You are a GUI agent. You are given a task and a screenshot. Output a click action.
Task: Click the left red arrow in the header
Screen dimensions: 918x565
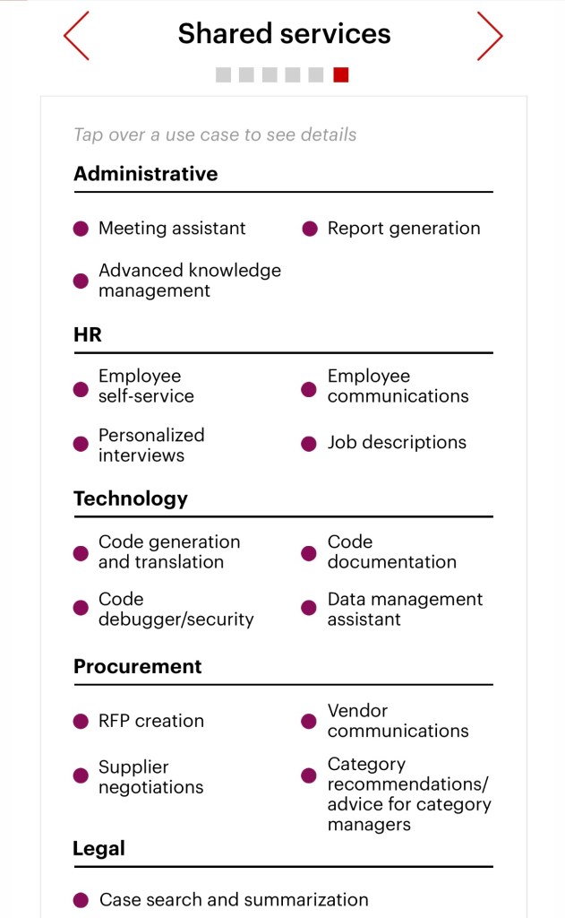coord(77,37)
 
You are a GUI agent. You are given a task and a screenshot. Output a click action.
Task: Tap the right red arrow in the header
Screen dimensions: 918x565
coord(489,37)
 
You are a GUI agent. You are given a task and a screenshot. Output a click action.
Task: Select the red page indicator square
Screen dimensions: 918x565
coord(341,75)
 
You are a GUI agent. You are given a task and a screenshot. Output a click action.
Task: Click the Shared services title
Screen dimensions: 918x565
coord(284,34)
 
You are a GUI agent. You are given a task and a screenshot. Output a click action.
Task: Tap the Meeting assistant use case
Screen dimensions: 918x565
coord(172,229)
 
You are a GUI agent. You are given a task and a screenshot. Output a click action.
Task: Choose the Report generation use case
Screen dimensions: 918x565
coord(403,229)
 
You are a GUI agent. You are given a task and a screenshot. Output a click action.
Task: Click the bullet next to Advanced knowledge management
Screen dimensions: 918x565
coord(81,281)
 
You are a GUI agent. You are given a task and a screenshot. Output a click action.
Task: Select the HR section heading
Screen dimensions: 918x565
coord(88,335)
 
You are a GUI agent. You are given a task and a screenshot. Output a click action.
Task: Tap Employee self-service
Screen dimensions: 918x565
coord(146,386)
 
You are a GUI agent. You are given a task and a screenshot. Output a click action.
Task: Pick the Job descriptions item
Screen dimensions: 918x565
coord(396,443)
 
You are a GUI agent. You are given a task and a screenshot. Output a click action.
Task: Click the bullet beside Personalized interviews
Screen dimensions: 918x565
coord(81,445)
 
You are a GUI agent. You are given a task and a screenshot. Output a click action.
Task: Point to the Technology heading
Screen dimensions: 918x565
coord(131,499)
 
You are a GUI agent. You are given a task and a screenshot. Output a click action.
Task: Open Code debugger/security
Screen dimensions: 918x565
coord(175,610)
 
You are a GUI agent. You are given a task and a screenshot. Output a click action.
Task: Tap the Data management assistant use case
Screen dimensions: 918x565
coord(405,610)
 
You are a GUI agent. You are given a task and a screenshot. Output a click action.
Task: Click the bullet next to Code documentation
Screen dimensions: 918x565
coord(309,553)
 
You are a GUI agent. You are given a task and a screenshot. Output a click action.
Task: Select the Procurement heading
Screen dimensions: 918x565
coord(138,667)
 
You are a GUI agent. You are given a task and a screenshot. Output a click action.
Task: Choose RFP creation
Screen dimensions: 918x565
coord(150,722)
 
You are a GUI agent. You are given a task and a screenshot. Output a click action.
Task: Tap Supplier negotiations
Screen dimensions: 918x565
coord(150,777)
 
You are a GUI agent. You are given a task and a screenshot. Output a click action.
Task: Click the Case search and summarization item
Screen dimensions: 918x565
coord(234,900)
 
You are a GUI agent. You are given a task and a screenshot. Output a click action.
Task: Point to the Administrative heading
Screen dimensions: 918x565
coord(145,174)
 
